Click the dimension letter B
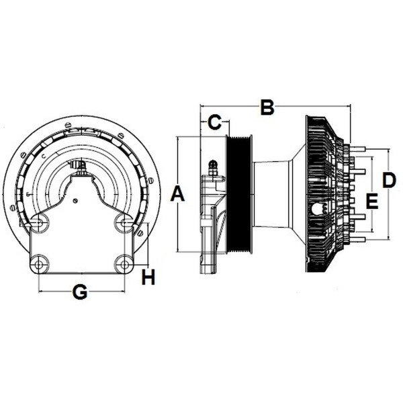click(267, 107)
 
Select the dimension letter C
click(214, 123)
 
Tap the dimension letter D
click(389, 180)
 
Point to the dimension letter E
click(371, 200)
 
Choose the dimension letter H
click(148, 277)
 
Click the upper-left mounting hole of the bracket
click(40, 222)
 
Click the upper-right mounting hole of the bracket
click(124, 222)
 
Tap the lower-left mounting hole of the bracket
click(40, 263)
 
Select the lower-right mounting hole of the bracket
click(124, 263)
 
